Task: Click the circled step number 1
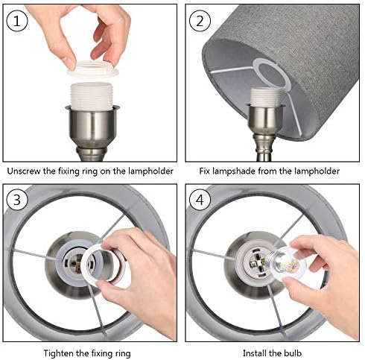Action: click(16, 21)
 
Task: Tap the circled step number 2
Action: click(200, 21)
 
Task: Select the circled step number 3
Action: click(16, 200)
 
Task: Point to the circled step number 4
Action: click(200, 200)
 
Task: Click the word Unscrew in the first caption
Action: click(24, 171)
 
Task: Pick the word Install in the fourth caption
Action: click(254, 353)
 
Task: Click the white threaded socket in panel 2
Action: click(266, 98)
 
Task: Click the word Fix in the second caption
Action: click(205, 171)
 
